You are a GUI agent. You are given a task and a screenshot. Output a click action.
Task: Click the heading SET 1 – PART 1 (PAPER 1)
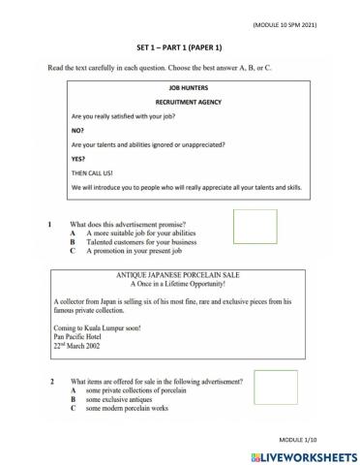click(x=180, y=46)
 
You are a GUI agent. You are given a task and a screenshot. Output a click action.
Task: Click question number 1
click(x=51, y=224)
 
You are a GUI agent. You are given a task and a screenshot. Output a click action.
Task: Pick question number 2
click(x=51, y=383)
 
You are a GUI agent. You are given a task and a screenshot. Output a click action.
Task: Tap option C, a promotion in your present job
click(x=140, y=251)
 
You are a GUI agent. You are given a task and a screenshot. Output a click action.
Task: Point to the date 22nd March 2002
click(x=82, y=347)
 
